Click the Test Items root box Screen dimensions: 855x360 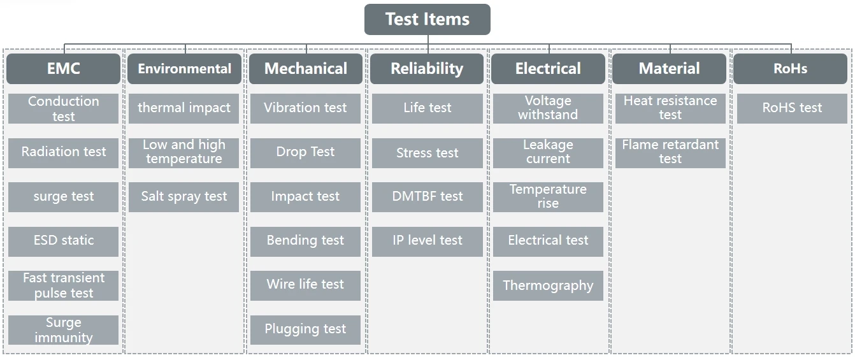[427, 19]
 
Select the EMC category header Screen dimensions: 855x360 [63, 69]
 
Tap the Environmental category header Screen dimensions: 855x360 [184, 69]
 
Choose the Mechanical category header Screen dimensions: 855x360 [306, 69]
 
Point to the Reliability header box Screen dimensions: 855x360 [427, 69]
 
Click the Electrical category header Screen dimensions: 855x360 [548, 69]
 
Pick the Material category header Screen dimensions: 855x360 [669, 69]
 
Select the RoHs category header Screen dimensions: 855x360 [790, 69]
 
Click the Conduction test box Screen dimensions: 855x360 [63, 108]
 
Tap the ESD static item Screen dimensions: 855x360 [63, 241]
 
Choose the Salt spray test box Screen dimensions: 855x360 [184, 197]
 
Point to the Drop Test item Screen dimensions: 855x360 [305, 152]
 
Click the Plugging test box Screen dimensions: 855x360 [305, 329]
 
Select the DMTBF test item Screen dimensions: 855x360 [427, 197]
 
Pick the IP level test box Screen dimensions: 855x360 [427, 241]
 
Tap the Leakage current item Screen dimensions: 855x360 [548, 152]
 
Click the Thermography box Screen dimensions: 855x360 [548, 285]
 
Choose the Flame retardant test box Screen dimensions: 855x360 [670, 152]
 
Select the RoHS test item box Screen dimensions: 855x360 [792, 108]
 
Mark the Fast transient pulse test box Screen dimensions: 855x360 [63, 285]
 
